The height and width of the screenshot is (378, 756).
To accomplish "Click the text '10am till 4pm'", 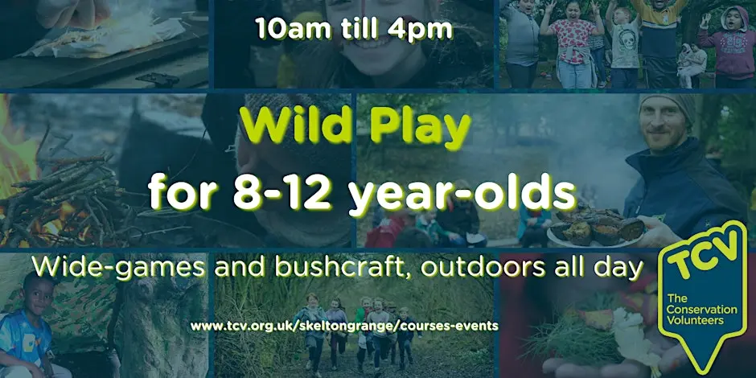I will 355,29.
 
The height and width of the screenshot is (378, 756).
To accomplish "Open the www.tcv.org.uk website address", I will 344,326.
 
